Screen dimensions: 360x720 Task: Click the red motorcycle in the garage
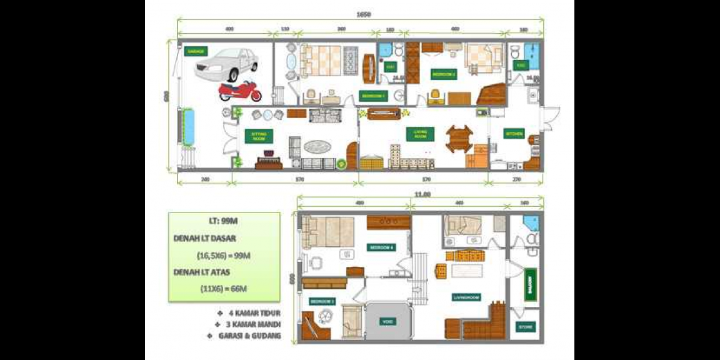pyautogui.click(x=240, y=91)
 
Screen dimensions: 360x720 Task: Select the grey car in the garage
pyautogui.click(x=225, y=64)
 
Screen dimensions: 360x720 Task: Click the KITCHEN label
pyautogui.click(x=514, y=134)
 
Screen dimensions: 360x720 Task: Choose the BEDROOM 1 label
pyautogui.click(x=374, y=96)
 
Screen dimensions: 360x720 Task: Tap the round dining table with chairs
pyautogui.click(x=459, y=138)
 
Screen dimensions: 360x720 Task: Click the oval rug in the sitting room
pyautogui.click(x=317, y=146)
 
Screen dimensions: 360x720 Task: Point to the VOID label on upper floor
pyautogui.click(x=387, y=321)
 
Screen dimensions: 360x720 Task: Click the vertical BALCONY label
pyautogui.click(x=530, y=284)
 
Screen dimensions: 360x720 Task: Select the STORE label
pyautogui.click(x=525, y=327)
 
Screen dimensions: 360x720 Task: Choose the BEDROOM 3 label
pyautogui.click(x=322, y=301)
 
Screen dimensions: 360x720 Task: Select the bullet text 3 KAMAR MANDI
pyautogui.click(x=248, y=324)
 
